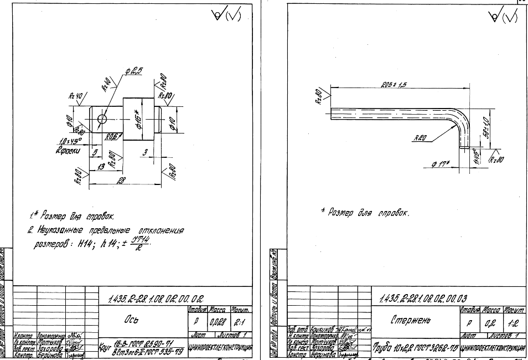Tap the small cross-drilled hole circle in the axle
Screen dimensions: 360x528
(x=102, y=119)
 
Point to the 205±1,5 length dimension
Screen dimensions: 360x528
(x=394, y=84)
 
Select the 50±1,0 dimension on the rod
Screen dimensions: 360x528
(x=486, y=128)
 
